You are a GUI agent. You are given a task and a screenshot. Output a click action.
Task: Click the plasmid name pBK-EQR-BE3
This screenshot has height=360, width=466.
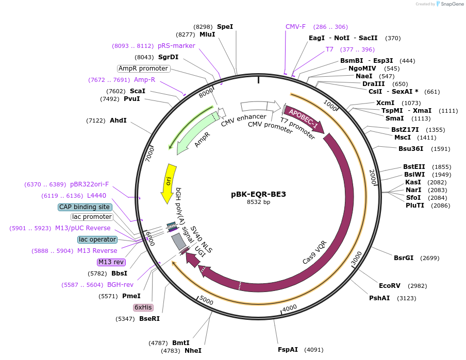[258, 194]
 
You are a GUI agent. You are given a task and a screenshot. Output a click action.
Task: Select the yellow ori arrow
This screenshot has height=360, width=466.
[169, 183]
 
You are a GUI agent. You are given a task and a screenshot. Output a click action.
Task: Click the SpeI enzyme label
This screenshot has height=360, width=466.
[225, 26]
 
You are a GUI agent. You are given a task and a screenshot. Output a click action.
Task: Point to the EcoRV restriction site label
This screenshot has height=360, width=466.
[390, 286]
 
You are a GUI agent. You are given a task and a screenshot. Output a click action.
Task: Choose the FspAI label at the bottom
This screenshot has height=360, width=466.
[288, 350]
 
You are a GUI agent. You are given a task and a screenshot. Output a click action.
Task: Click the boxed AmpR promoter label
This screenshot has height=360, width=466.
[143, 68]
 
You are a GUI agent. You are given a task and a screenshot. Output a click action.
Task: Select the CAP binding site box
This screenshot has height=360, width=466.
[85, 207]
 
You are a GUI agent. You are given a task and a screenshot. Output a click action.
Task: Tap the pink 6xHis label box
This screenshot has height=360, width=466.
[143, 307]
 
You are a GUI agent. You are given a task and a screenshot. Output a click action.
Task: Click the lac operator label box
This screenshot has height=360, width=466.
[97, 239]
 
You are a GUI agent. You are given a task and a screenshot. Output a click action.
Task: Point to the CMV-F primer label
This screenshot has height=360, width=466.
[295, 27]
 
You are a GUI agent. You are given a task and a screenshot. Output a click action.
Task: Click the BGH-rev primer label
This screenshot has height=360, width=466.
[120, 285]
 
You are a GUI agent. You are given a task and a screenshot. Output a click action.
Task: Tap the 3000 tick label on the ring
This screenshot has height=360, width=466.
[355, 261]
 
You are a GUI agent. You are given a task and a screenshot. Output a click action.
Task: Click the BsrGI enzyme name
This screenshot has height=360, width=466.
[404, 258]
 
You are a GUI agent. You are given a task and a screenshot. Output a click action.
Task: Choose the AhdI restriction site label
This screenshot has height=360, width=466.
[118, 121]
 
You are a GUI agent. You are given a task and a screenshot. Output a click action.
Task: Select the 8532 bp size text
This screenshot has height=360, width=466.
[258, 202]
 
